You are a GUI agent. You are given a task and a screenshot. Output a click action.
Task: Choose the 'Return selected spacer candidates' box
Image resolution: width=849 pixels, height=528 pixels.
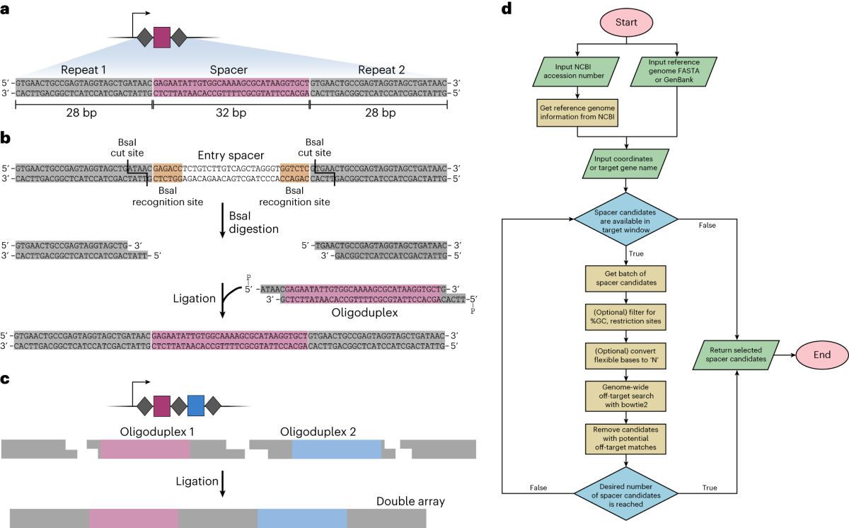coord(737,352)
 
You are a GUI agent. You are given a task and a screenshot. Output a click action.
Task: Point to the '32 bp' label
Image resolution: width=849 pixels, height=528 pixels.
coord(231,114)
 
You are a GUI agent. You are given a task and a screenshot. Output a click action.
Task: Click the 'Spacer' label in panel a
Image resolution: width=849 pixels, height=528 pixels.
coord(231,71)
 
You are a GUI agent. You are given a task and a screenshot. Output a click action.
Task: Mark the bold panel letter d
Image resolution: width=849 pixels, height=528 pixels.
coord(506,9)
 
